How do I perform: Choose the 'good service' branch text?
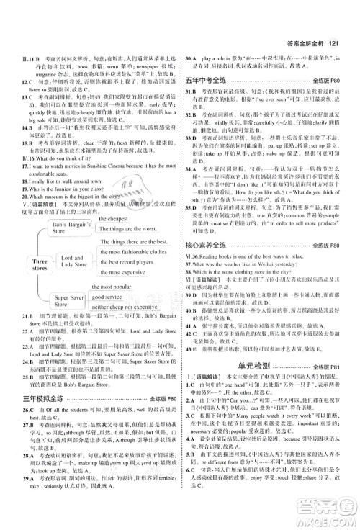109,296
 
